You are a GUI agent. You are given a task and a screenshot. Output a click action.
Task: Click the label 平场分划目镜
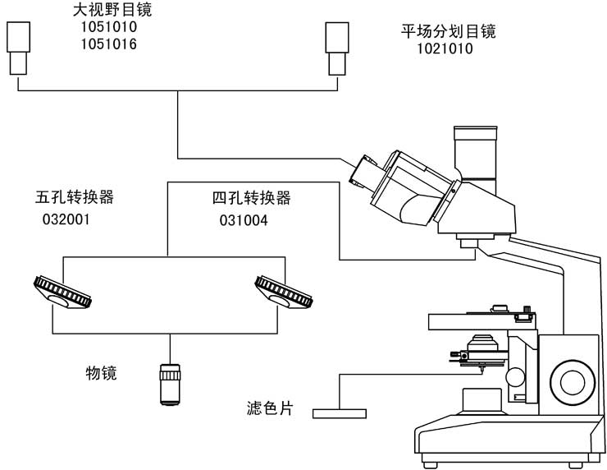tap(448, 33)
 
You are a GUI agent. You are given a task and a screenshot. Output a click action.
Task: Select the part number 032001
tap(66, 219)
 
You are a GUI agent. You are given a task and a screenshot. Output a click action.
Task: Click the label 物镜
tap(102, 374)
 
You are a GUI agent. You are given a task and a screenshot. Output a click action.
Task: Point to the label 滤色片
tap(269, 408)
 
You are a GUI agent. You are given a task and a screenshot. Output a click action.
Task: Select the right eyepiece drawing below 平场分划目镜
tap(336, 47)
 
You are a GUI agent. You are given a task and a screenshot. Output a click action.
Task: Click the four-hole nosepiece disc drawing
tap(284, 292)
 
